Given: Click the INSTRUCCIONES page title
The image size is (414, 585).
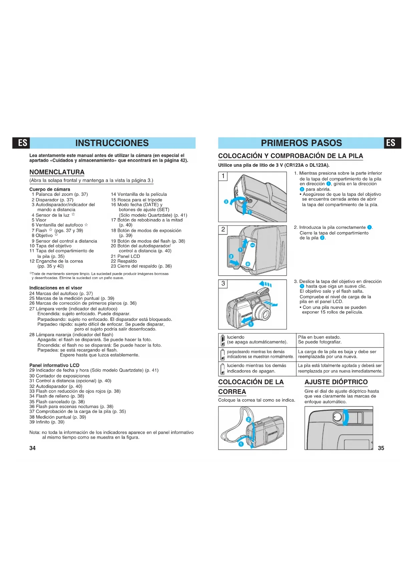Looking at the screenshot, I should [112, 143].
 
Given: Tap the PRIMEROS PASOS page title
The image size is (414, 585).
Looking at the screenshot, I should [301, 143].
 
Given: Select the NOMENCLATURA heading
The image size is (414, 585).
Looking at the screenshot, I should [57, 172].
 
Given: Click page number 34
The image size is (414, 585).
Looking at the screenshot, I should [32, 448].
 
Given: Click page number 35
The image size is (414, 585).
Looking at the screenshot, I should [381, 448].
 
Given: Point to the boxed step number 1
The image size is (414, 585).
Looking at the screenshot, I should [223, 176].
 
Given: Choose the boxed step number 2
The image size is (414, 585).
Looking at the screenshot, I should [223, 229].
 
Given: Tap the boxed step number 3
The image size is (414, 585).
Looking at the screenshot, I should [223, 283].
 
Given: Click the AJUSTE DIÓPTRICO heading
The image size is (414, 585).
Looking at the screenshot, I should [336, 382].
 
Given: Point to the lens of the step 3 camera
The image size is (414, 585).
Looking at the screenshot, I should [262, 312].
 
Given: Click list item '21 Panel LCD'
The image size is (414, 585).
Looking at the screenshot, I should [125, 256].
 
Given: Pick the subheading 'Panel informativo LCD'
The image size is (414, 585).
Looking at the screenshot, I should [54, 365].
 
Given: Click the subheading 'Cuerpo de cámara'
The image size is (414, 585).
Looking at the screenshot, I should [50, 189].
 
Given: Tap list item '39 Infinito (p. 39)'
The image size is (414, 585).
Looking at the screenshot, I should [47, 422].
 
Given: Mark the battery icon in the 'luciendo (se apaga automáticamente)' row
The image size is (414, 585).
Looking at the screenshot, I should [223, 341].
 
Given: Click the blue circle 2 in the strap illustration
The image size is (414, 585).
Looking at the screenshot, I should [249, 420].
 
